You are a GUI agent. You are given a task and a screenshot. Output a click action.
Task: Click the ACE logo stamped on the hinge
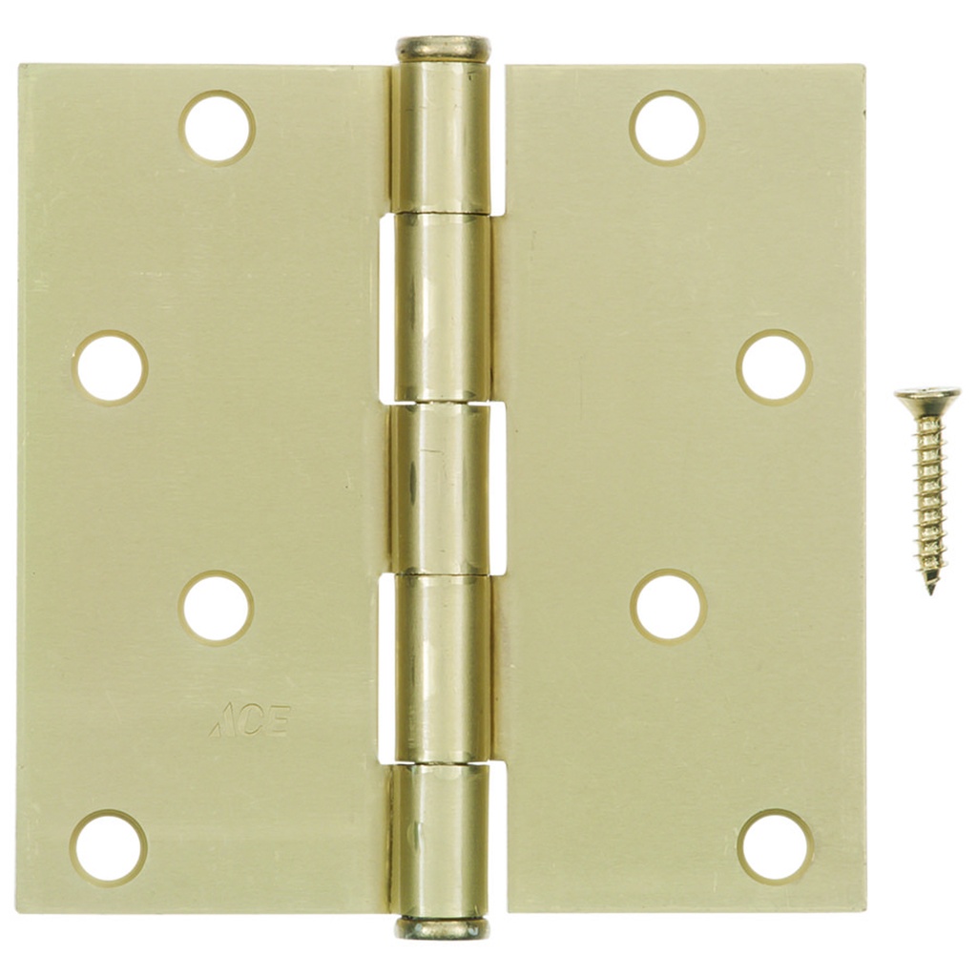click(x=250, y=721)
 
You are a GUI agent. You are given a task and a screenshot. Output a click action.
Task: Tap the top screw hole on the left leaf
click(x=218, y=127)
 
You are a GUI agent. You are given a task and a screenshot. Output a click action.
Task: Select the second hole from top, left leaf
click(x=110, y=367)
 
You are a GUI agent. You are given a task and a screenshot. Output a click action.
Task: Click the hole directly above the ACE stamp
click(x=217, y=607)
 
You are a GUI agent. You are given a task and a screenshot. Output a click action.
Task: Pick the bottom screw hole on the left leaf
click(x=109, y=847)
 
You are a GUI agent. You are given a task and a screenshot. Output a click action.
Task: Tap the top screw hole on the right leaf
click(x=667, y=127)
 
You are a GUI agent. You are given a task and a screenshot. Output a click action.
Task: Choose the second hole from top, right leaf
click(x=774, y=367)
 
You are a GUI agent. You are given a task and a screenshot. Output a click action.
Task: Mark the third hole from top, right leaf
click(x=667, y=607)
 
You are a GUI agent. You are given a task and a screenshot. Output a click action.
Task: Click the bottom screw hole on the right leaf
click(x=775, y=847)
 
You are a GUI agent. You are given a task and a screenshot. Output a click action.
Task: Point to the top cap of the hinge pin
click(x=443, y=49)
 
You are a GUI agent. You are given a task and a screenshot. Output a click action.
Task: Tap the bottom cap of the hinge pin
click(x=443, y=927)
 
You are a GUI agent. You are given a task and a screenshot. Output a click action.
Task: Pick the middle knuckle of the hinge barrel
click(x=441, y=488)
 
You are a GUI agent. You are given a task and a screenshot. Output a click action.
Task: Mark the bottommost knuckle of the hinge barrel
click(x=441, y=840)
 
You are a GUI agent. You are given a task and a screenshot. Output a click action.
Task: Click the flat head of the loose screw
click(x=927, y=394)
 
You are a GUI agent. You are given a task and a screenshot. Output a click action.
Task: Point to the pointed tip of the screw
click(x=930, y=589)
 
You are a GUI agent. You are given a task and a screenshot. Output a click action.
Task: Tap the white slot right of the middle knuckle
click(x=497, y=488)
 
